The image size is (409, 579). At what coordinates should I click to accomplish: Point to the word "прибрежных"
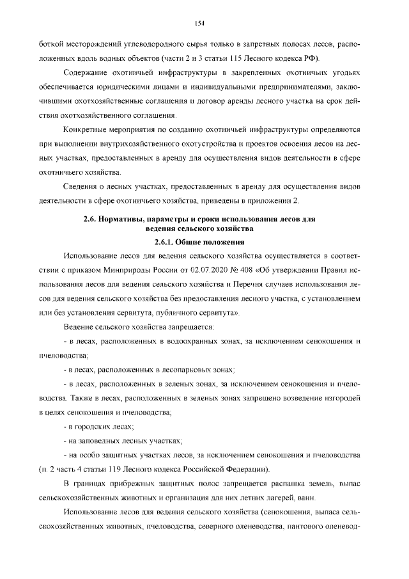(129, 484)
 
